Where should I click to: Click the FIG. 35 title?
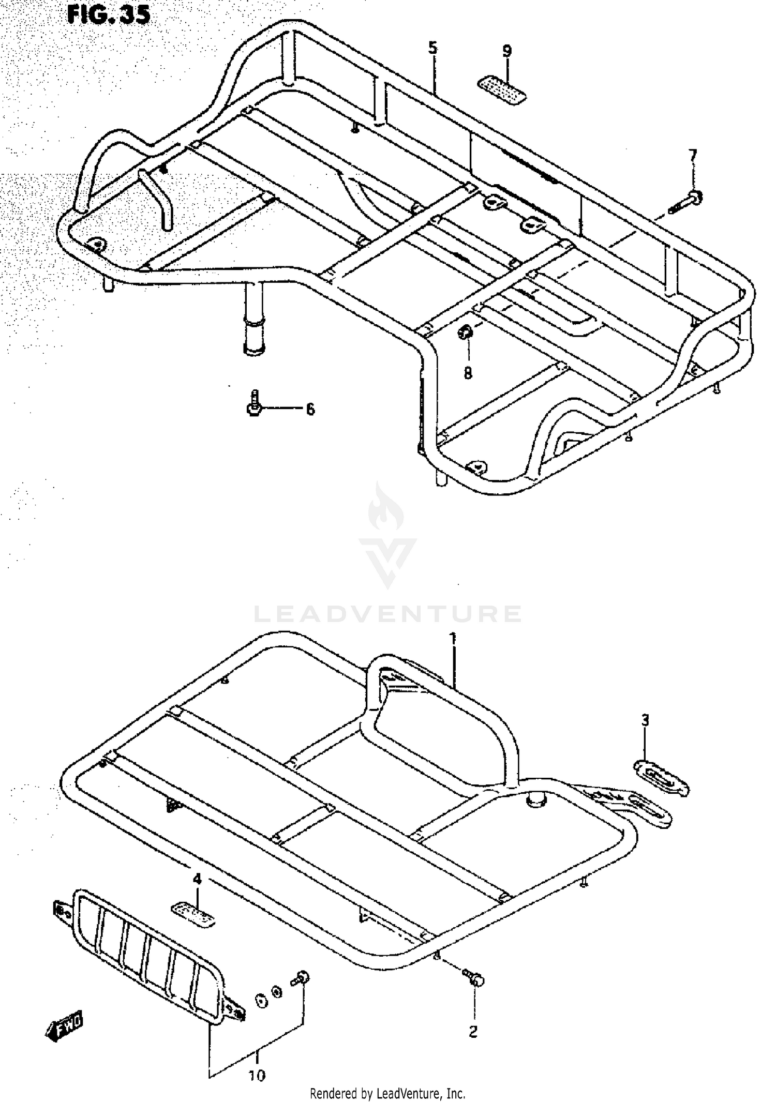coord(109,14)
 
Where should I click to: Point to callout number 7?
coord(693,155)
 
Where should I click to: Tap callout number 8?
coord(468,372)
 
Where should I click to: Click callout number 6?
coord(310,410)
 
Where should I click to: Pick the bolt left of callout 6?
coord(253,404)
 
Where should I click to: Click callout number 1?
coord(453,639)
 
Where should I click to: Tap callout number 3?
coord(645,720)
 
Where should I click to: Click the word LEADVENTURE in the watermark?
coord(388,614)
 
